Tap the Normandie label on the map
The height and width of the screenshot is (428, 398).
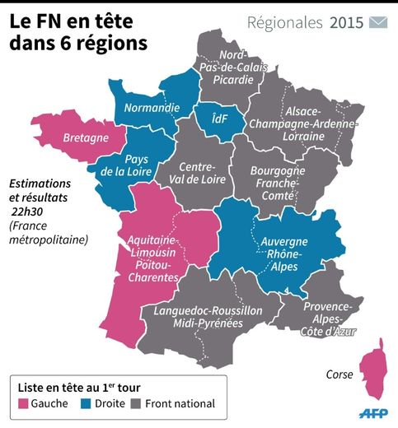(x=152, y=107)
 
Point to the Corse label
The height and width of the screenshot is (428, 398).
(x=340, y=374)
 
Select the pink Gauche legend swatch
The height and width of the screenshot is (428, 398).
(x=24, y=403)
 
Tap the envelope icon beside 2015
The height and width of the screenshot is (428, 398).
(x=378, y=22)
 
